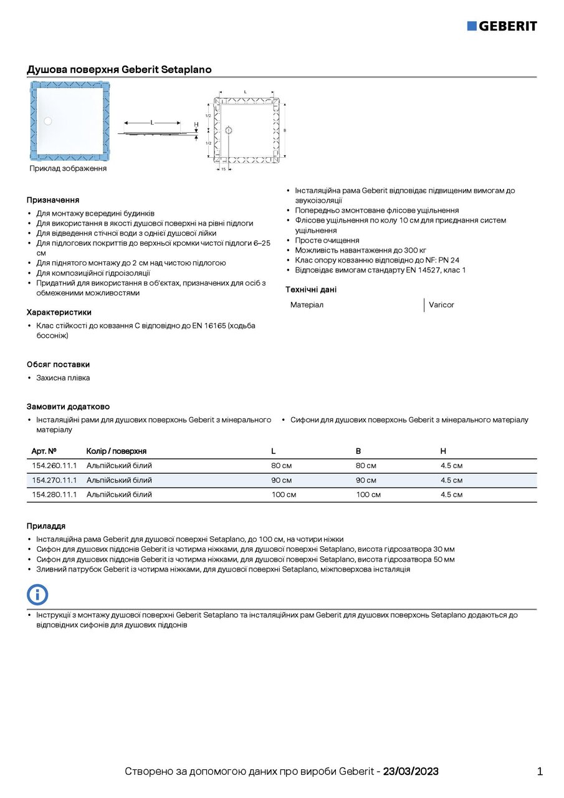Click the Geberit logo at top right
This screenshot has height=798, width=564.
coord(502,26)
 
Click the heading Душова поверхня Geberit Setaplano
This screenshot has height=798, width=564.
coord(119,69)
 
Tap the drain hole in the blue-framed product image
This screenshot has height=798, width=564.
coord(48,122)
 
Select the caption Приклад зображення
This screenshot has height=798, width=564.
coord(68,168)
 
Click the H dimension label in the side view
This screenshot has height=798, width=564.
coord(196,125)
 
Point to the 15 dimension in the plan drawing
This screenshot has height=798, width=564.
coord(223,169)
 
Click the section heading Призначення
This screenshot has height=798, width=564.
coord(52,200)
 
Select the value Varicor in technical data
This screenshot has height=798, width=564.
coord(441,305)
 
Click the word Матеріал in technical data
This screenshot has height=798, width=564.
coord(307,305)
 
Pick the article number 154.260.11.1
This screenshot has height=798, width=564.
coord(54,466)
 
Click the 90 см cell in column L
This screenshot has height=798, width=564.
coord(281,480)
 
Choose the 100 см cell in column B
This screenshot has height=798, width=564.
coord(368,494)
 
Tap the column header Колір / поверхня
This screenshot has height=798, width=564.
coord(117,451)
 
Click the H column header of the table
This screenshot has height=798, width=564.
coord(443,451)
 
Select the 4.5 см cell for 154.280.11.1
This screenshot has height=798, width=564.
coord(451,494)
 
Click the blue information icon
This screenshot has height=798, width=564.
coord(37,594)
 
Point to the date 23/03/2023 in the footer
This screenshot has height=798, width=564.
coord(411,771)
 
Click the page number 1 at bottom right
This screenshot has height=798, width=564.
coord(540,771)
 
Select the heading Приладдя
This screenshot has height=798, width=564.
coord(45,526)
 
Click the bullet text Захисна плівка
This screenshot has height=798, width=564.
coord(63,378)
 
